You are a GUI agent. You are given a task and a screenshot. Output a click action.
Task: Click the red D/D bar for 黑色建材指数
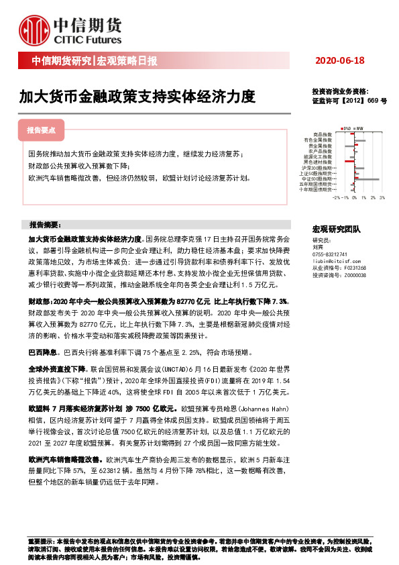[347, 161]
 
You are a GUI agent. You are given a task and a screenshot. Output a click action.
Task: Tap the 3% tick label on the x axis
[382, 199]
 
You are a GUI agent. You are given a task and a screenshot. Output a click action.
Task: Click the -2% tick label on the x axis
[336, 199]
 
